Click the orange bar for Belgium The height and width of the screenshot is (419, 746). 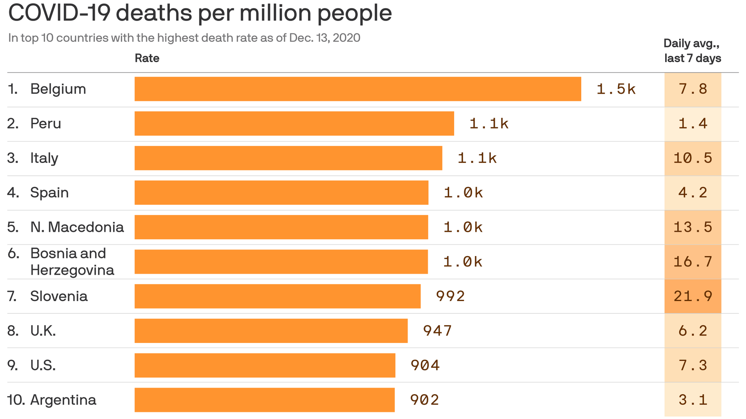tap(357, 89)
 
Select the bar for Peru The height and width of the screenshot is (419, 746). tap(294, 123)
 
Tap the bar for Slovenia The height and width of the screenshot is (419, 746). tap(277, 296)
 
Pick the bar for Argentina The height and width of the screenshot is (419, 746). tap(265, 400)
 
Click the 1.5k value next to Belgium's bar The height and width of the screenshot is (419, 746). tap(616, 89)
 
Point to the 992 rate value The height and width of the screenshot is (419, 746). tap(450, 296)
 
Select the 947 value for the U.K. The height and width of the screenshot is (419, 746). tap(437, 331)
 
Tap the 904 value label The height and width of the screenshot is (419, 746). tap(425, 365)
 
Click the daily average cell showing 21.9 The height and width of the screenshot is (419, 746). tap(693, 296)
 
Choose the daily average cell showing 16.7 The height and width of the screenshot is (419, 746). tap(693, 262)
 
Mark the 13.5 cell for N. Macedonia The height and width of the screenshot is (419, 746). tap(693, 227)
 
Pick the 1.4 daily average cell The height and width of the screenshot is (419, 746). tap(693, 124)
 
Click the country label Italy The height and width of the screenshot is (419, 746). tap(44, 158)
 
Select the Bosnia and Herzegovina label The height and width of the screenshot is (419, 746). tap(72, 261)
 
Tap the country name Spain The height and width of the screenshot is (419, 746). tap(49, 193)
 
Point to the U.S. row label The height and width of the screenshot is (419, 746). tap(43, 365)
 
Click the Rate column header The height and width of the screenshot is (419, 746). tap(147, 58)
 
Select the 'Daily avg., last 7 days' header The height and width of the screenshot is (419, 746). tap(692, 51)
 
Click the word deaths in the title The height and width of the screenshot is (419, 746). tap(153, 13)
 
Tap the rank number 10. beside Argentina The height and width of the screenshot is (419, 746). tap(16, 400)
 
